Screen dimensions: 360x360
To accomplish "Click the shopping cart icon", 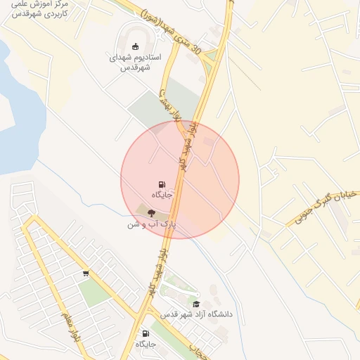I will point(86,273).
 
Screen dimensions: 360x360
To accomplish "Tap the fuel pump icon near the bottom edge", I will point(146,333).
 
